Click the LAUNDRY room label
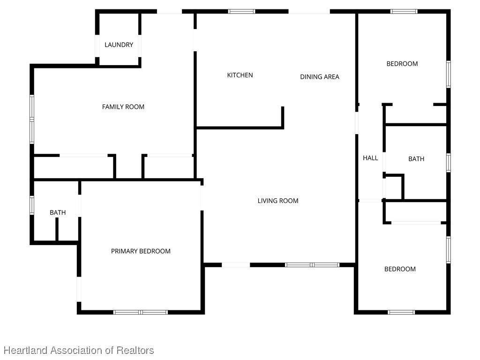(119, 45)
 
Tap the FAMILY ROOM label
(123, 107)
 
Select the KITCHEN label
(240, 75)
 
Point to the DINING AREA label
(320, 77)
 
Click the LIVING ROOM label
(278, 201)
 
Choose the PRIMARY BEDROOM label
(141, 251)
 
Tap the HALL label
(370, 158)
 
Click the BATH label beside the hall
(416, 159)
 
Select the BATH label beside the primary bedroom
(58, 212)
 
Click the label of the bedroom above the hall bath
(402, 64)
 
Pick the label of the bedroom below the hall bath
(400, 269)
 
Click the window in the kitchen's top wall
(241, 12)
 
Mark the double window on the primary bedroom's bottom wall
(141, 312)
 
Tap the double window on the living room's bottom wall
(312, 265)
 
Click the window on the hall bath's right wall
(449, 163)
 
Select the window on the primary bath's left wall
(32, 205)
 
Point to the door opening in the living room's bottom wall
(236, 265)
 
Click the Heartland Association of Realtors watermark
(79, 350)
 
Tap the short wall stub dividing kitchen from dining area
(283, 118)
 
